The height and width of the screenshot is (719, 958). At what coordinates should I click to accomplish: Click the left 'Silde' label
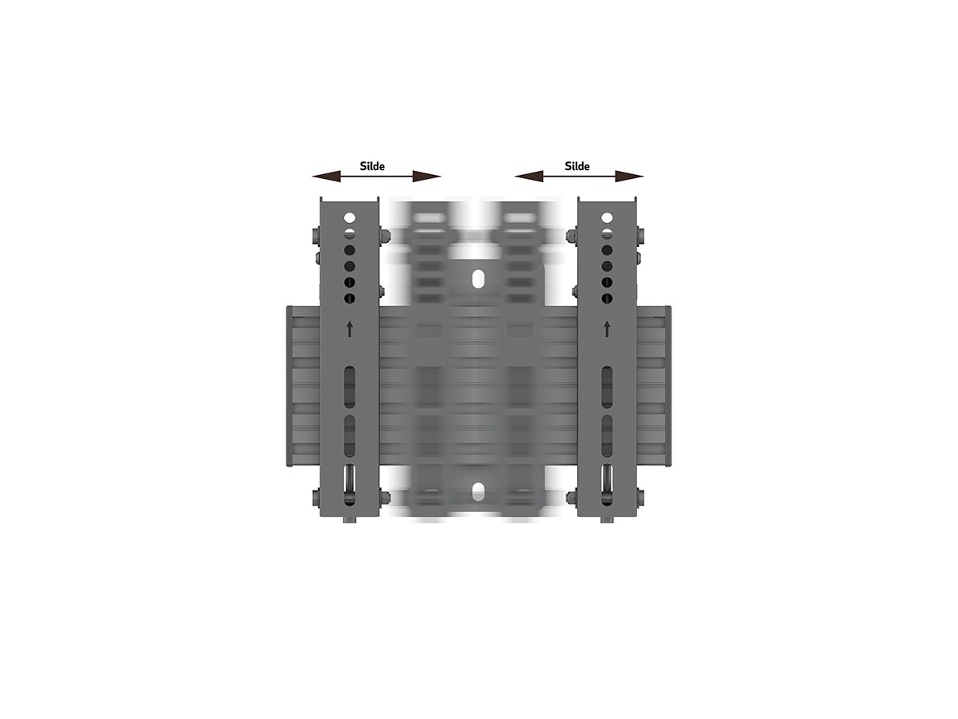pos(372,166)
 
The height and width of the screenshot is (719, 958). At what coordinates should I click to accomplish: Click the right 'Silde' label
pos(577,166)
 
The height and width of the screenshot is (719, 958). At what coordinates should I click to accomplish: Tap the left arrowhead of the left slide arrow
pos(326,177)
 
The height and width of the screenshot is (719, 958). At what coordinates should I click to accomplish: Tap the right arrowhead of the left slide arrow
pos(426,177)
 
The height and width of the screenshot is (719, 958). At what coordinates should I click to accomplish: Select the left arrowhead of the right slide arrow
pos(529,177)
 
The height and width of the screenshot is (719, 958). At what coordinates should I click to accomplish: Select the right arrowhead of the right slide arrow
pos(629,177)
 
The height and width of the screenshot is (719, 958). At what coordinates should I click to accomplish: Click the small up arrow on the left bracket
pos(349,328)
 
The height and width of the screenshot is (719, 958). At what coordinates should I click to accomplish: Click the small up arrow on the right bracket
pos(607,328)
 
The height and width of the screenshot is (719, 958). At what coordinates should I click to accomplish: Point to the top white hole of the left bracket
pos(350,217)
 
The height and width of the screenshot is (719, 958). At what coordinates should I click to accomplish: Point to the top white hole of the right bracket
pos(607,217)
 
